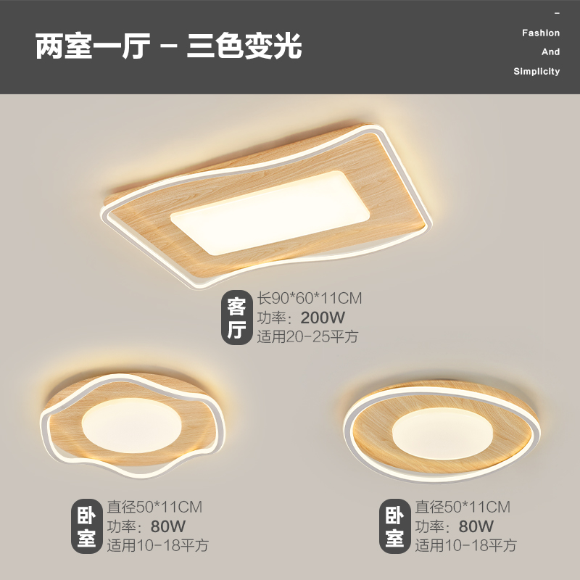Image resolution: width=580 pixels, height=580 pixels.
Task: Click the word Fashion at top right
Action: pyautogui.click(x=541, y=33)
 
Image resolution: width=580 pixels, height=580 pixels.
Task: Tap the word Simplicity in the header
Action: pyautogui.click(x=536, y=71)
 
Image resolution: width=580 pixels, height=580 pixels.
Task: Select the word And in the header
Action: pyautogui.click(x=551, y=52)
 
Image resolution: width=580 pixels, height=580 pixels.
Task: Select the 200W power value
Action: pyautogui.click(x=323, y=317)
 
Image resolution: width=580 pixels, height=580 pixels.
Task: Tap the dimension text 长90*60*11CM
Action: pyautogui.click(x=310, y=298)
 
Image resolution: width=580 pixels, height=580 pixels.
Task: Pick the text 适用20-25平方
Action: pyautogui.click(x=307, y=336)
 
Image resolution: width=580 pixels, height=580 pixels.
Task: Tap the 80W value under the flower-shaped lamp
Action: pyautogui.click(x=167, y=526)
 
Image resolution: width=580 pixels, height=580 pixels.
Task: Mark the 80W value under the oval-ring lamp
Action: pyautogui.click(x=475, y=526)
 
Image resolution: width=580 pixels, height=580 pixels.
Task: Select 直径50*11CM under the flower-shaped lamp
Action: pyautogui.click(x=154, y=506)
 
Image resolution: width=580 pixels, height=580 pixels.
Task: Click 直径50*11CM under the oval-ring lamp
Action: pyautogui.click(x=462, y=506)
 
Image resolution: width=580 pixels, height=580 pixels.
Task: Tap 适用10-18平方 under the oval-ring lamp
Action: pyautogui.click(x=465, y=545)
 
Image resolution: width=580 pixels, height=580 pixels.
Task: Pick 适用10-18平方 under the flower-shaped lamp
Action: pyautogui.click(x=158, y=545)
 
